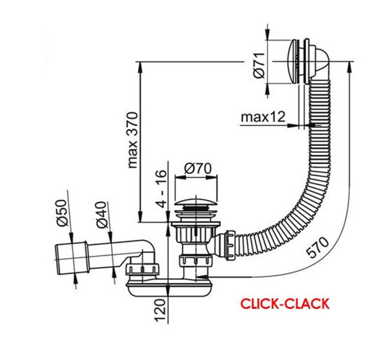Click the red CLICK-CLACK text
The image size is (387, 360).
tap(285, 303)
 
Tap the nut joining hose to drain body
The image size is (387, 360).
tap(228, 246)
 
